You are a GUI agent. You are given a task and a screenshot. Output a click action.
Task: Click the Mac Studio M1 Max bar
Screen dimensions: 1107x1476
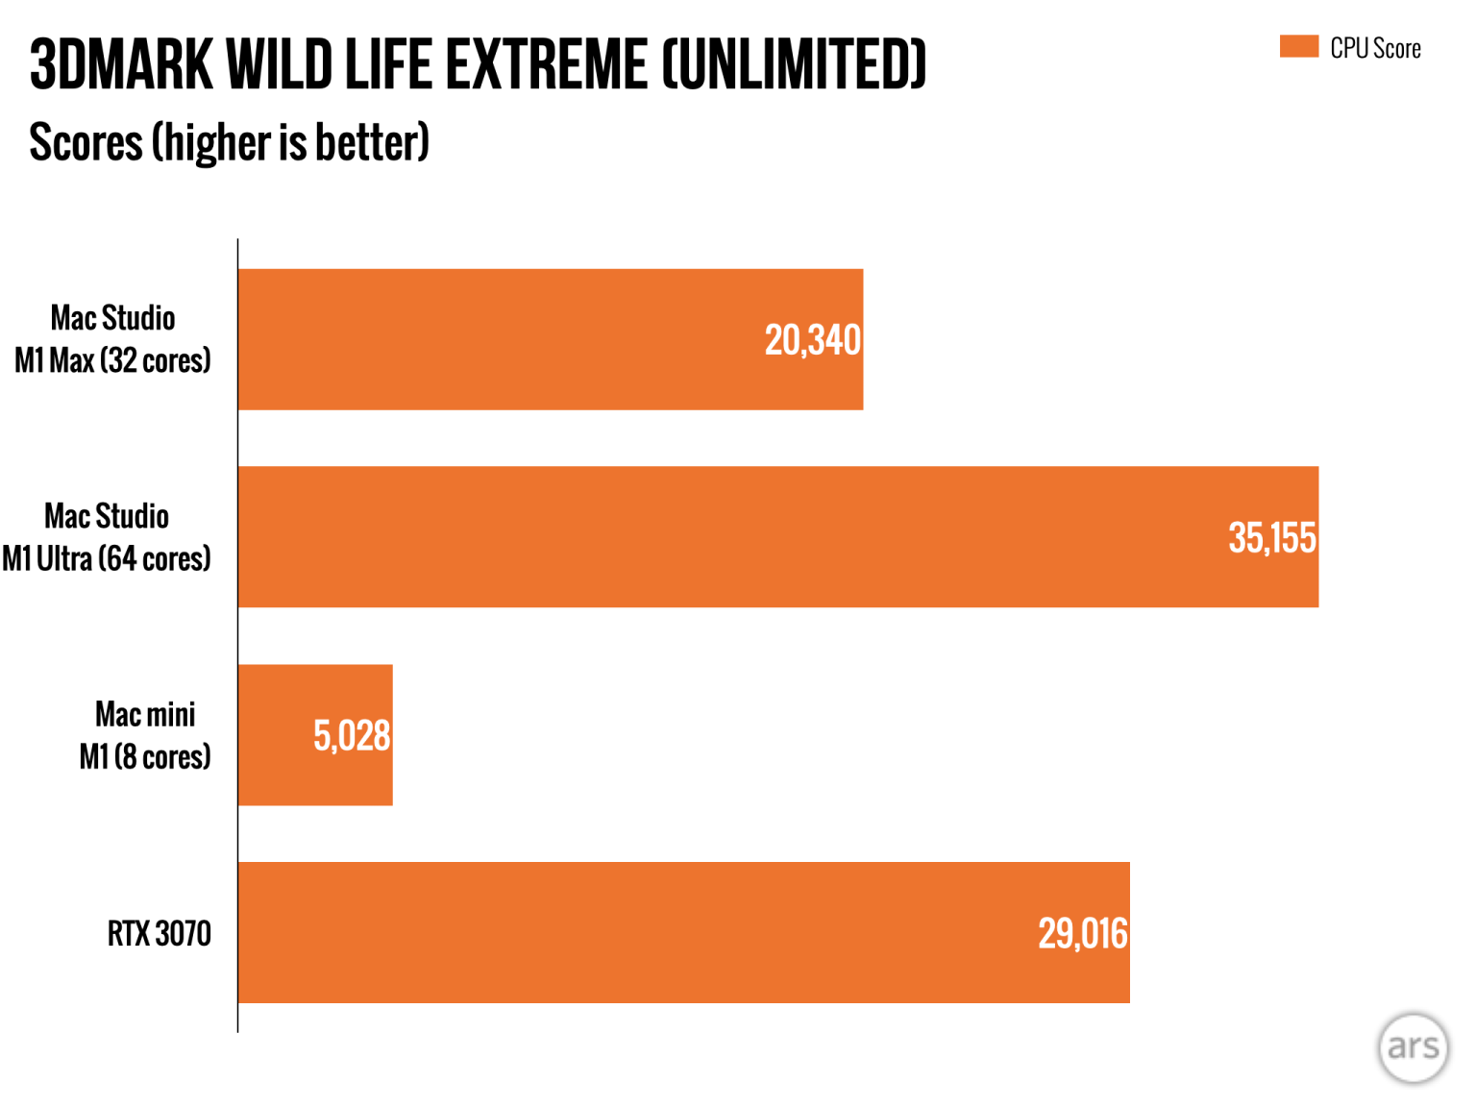[550, 339]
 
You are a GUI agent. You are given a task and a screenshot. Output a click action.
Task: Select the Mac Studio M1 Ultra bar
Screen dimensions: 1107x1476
[777, 537]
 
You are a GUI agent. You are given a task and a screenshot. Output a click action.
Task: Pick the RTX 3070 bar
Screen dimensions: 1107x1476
[683, 932]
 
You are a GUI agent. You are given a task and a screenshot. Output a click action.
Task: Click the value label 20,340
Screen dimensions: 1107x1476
[812, 340]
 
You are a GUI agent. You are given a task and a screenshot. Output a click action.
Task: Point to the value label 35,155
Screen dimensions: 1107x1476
[1271, 538]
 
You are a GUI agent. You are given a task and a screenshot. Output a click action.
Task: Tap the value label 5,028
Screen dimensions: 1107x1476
[352, 736]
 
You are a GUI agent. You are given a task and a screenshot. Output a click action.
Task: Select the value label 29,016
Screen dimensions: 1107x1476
[1082, 934]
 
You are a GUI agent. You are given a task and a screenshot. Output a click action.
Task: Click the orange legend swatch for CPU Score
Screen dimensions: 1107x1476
[1298, 47]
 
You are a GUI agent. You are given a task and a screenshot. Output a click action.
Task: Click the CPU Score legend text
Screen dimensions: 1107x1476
[1375, 49]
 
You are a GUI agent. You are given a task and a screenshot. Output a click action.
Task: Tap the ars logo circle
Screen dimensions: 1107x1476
[1413, 1046]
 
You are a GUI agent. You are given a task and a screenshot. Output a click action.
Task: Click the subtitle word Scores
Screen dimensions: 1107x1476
[86, 142]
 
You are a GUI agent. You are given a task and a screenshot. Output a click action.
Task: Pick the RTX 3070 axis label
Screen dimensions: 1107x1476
[159, 933]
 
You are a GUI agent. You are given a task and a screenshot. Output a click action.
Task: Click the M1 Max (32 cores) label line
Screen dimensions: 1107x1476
[112, 361]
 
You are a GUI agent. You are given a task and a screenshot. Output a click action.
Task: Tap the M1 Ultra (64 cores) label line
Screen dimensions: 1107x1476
[106, 559]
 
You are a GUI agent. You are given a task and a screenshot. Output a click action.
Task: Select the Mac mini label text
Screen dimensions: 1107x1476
[145, 715]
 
